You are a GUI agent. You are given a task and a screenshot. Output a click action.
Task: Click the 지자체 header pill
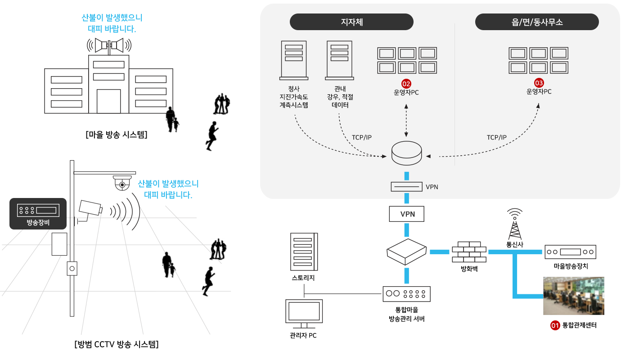point(351,22)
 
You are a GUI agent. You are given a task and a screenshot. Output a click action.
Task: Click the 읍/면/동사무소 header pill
point(537,22)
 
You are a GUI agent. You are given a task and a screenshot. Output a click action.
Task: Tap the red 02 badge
point(406,84)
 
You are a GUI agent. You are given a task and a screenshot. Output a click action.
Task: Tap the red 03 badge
point(539,83)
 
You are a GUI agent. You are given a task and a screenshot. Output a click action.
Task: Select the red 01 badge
point(554,325)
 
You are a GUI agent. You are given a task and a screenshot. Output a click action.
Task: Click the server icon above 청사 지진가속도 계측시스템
point(293,60)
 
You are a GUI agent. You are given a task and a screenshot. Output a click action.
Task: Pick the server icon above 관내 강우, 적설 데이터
point(339,60)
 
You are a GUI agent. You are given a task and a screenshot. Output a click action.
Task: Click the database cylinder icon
point(406,153)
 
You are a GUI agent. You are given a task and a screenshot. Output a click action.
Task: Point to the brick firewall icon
point(469,252)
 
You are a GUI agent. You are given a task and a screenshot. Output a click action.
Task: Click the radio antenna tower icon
point(514,224)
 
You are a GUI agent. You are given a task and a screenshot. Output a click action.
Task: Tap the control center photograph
point(574,296)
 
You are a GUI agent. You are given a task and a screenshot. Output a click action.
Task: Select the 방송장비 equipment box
point(38,213)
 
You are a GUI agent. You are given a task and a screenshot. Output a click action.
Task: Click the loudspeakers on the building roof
point(109,45)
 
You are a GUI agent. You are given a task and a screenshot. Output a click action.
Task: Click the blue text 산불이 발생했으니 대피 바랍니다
point(168,189)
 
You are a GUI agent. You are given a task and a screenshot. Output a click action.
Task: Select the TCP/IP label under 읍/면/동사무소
point(496,137)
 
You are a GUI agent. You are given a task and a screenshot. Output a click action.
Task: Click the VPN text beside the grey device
point(432,187)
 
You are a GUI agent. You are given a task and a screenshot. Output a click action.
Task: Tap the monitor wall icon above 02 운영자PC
point(406,60)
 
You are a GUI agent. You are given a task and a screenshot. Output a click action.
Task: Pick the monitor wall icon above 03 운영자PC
point(538,60)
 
